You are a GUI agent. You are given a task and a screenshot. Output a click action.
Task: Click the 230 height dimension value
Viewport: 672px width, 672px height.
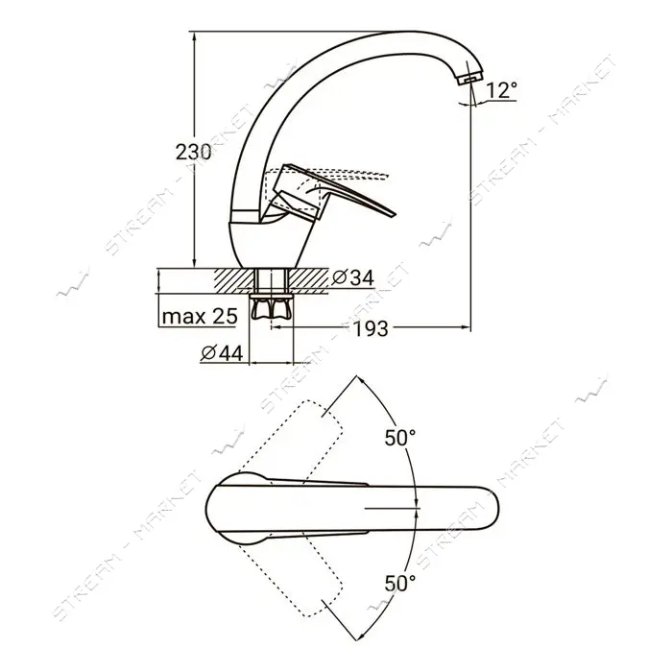[193, 152]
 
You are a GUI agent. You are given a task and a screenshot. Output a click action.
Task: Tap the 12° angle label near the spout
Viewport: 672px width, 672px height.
[501, 90]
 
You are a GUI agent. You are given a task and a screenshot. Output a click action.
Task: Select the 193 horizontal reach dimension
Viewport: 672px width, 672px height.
[371, 328]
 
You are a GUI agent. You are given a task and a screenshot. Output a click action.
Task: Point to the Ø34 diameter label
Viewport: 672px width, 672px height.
[353, 277]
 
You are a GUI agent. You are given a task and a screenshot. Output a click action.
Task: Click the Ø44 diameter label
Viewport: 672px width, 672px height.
[222, 353]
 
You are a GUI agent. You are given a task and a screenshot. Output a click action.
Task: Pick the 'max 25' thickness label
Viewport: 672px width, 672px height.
[200, 317]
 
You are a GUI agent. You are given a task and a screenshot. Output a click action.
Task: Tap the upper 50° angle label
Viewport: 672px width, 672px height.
[400, 438]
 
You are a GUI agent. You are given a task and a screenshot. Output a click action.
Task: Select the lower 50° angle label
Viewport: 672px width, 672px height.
[400, 583]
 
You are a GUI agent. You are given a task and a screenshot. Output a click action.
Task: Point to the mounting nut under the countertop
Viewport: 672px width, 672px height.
[272, 307]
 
